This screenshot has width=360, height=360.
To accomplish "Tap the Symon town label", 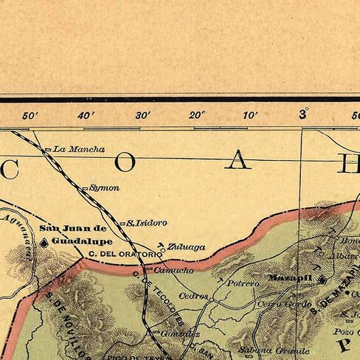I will coord(104,188).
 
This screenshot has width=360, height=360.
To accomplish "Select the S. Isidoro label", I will coord(147,222).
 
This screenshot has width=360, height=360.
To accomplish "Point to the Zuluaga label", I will coord(187,247).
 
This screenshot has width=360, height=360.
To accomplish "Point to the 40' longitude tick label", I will coord(86,115).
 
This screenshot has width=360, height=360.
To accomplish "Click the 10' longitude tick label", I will coord(250,115).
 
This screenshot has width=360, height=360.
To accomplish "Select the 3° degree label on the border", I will coord(303,114).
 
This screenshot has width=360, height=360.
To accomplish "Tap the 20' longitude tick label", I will coord(196,115).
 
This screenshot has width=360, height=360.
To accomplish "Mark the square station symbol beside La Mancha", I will coord(49,150).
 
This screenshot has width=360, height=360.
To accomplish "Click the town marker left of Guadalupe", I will coord(46,241).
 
